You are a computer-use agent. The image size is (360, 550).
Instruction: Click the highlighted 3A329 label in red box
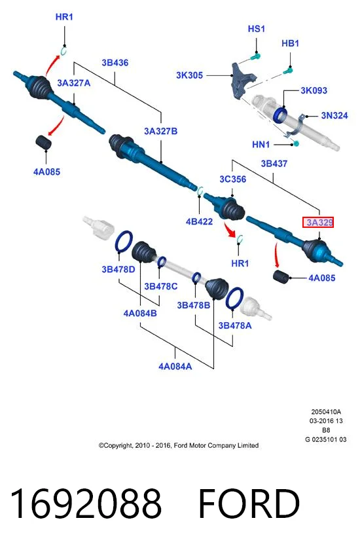(x=318, y=222)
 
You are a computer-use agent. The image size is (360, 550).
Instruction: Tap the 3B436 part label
(x=115, y=63)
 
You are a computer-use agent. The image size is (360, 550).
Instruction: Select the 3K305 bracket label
(x=189, y=75)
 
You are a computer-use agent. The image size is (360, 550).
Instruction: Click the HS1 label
(x=256, y=29)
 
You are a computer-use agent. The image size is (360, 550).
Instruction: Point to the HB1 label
(x=290, y=43)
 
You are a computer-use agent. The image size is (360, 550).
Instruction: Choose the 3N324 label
(x=334, y=115)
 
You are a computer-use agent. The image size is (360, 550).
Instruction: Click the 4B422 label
(x=199, y=221)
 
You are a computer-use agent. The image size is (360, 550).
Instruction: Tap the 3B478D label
(x=118, y=269)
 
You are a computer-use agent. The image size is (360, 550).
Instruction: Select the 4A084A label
(x=175, y=367)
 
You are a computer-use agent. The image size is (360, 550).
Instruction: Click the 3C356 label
(x=233, y=179)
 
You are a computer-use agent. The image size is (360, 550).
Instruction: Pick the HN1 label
(x=261, y=144)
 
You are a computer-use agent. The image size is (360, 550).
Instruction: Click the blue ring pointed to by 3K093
(x=280, y=115)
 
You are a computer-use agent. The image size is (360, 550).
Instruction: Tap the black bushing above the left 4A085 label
(x=44, y=142)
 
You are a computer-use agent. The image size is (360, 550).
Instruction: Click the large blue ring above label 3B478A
(x=234, y=298)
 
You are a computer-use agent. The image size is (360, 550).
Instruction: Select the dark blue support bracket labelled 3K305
(x=243, y=79)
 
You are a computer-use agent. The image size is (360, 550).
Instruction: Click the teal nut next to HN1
(x=295, y=143)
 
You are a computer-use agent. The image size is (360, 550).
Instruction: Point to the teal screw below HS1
(x=256, y=56)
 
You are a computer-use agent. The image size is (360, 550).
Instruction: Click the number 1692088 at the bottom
(x=86, y=503)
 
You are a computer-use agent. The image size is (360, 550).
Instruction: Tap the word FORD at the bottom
(x=249, y=503)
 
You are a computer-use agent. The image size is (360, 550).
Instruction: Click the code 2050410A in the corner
(x=326, y=412)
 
